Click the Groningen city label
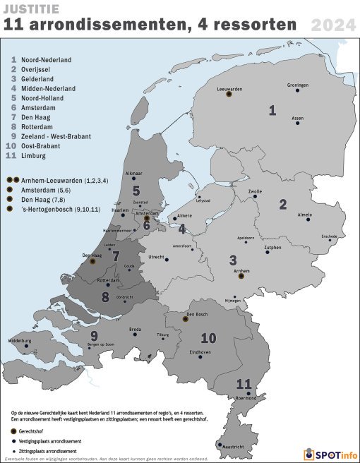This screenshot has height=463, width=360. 297,85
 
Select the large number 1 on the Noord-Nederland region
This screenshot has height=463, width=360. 272,109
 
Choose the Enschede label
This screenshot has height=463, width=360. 329,236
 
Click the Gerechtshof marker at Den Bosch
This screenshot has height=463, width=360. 186,319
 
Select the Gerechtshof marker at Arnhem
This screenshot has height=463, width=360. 241,277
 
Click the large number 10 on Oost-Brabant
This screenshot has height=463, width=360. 208,337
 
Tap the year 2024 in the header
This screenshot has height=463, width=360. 332,25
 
